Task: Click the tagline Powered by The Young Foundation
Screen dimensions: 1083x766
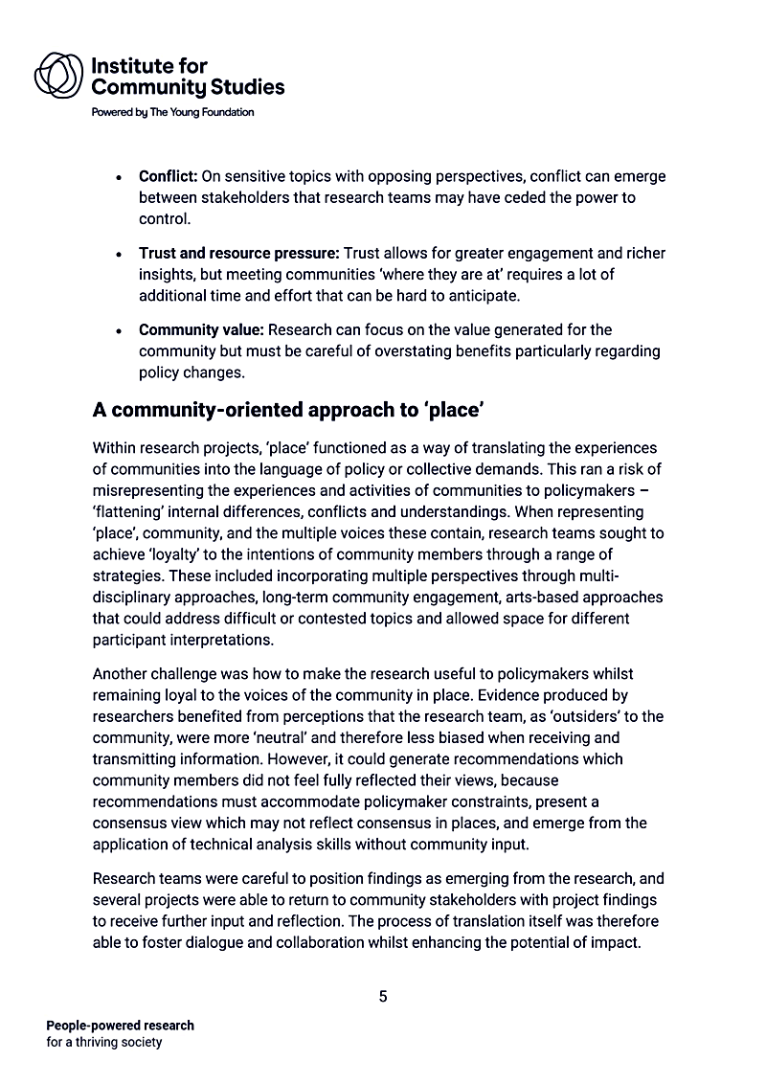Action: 172,112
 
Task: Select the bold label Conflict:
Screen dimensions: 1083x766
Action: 168,177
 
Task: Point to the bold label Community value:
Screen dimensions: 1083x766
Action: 200,330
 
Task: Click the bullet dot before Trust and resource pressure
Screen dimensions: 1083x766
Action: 118,255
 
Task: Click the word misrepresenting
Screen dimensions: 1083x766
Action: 152,490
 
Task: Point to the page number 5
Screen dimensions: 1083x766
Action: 383,997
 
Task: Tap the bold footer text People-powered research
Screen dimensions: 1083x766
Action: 120,1026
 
